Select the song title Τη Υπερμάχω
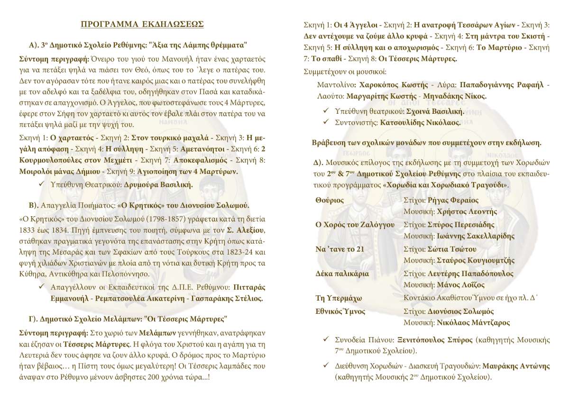click(x=339, y=298)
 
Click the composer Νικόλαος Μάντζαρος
click(x=473, y=323)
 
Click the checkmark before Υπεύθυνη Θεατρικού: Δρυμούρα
click(x=42, y=184)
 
